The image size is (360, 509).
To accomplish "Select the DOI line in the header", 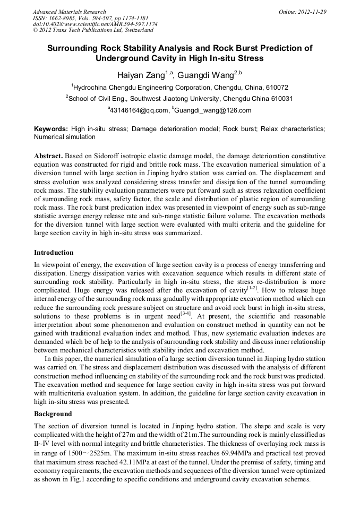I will (95, 24).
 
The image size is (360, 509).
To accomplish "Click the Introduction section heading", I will (54, 252).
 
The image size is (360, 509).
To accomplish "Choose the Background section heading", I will (53, 413).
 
